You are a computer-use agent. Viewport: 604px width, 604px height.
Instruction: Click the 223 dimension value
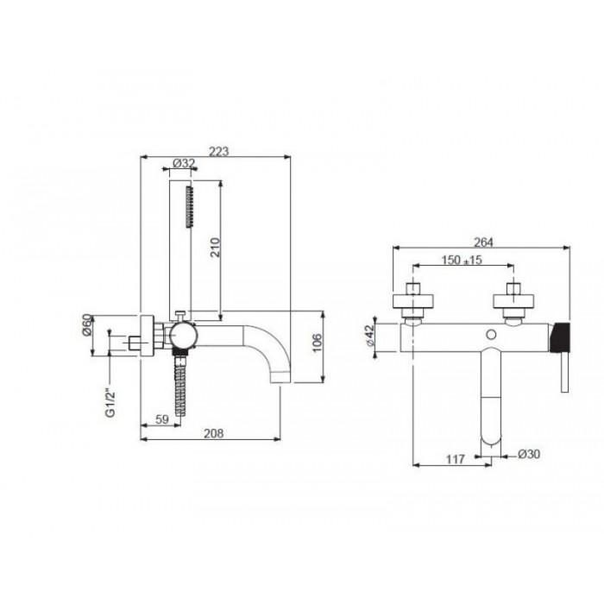[219, 151]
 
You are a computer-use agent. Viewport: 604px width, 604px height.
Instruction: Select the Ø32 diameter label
[184, 163]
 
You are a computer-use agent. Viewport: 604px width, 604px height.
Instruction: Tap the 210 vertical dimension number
[215, 248]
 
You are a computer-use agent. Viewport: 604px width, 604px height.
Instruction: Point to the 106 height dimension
[316, 343]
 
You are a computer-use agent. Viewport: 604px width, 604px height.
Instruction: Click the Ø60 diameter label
[87, 325]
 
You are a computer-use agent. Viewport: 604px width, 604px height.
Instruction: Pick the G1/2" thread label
[110, 403]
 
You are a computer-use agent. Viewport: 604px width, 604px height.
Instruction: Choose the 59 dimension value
[162, 419]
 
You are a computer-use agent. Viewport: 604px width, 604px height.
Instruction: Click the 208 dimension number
[213, 433]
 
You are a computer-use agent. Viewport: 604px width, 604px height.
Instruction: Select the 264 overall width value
[483, 242]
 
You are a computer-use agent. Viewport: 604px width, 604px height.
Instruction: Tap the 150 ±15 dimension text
[462, 260]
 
